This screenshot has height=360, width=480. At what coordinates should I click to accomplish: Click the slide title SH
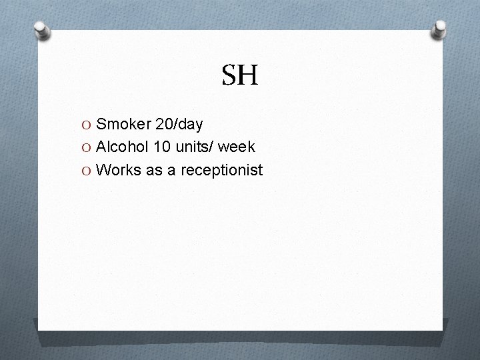(x=239, y=76)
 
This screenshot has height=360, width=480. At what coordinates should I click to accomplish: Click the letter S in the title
(x=229, y=76)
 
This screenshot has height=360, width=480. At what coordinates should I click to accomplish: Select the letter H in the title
(x=248, y=76)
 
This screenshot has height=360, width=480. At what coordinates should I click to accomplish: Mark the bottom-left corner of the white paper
(x=38, y=329)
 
